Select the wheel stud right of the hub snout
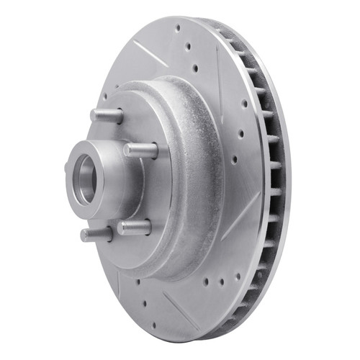pyautogui.click(x=140, y=150)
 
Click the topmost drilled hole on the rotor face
pyautogui.click(x=177, y=29)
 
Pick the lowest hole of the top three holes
pyautogui.click(x=194, y=68)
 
